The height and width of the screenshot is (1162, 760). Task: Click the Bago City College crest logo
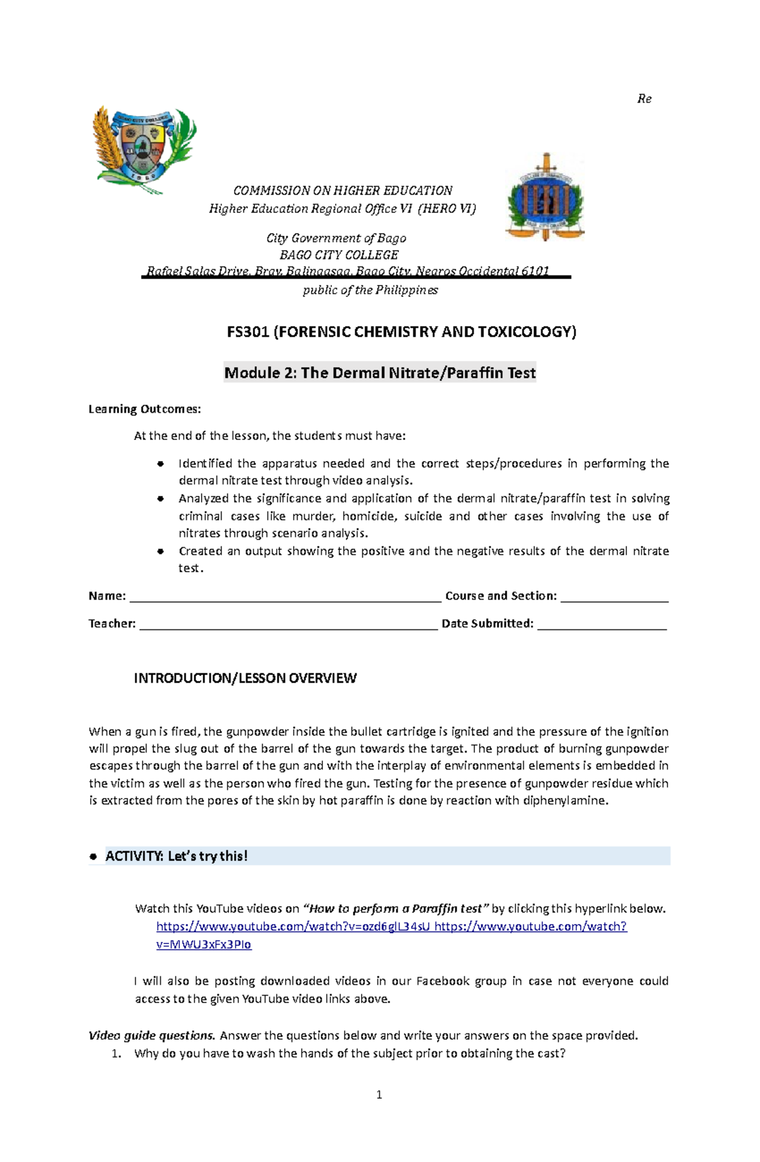click(x=144, y=149)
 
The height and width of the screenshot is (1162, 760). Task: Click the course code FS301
click(x=248, y=332)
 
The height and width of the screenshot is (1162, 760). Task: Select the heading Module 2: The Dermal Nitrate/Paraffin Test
click(x=380, y=373)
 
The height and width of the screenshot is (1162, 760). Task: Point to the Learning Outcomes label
click(x=144, y=409)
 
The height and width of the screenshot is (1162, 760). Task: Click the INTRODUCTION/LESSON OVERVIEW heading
click(x=245, y=678)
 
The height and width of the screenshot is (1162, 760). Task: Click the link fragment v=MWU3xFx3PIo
click(x=203, y=944)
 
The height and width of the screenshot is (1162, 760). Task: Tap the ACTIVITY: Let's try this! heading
click(x=176, y=856)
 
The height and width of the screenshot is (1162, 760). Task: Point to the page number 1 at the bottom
click(x=379, y=1095)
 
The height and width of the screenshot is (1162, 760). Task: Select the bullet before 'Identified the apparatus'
click(x=160, y=464)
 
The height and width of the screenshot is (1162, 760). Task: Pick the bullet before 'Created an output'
click(x=160, y=551)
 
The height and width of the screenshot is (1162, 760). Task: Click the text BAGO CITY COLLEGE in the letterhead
click(x=339, y=255)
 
